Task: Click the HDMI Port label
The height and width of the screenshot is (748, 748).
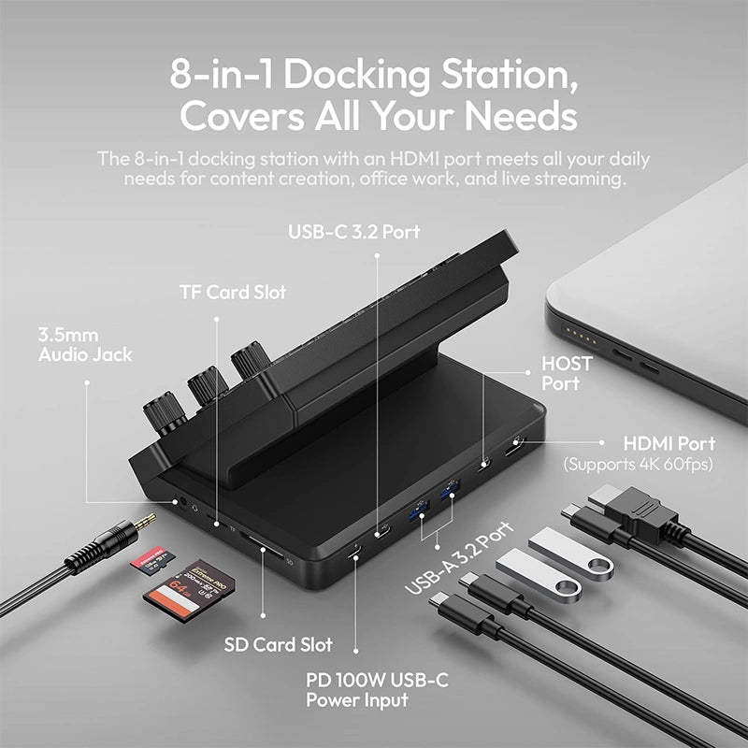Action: (669, 443)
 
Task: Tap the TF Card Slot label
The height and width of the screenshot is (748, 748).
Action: (233, 292)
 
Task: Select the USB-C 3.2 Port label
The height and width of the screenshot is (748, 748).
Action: (354, 232)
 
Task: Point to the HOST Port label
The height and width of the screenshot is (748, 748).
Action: (567, 373)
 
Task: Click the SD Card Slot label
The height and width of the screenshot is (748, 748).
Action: (278, 644)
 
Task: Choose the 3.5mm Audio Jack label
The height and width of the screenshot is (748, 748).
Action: (85, 345)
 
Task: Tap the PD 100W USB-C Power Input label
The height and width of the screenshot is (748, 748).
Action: (377, 690)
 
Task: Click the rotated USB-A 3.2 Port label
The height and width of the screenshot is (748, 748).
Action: (459, 557)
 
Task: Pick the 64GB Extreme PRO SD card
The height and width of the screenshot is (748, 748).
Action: (190, 590)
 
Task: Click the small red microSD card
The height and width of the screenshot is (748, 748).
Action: (152, 557)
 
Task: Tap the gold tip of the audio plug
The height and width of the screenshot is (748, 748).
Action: (145, 521)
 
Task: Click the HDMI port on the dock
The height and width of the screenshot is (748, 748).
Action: (515, 446)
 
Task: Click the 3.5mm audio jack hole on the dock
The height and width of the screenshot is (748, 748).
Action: (181, 502)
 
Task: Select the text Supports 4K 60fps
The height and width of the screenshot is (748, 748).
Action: (638, 464)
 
